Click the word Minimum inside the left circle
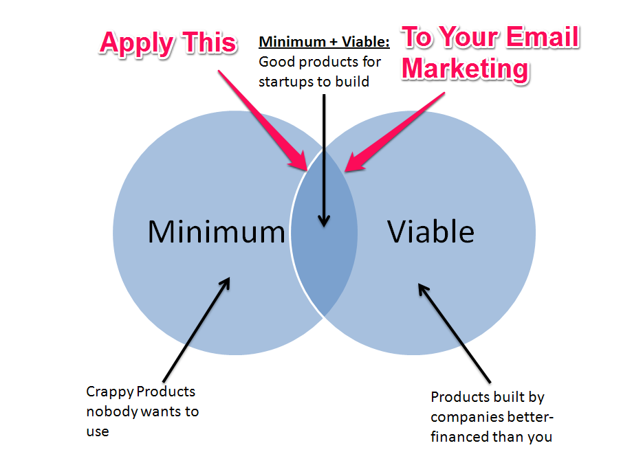[216, 232]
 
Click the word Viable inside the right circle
[431, 232]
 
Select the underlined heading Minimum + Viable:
[324, 43]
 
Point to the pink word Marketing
[466, 69]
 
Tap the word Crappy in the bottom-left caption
[109, 392]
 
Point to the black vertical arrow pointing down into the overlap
[325, 158]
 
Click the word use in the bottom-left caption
[98, 432]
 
